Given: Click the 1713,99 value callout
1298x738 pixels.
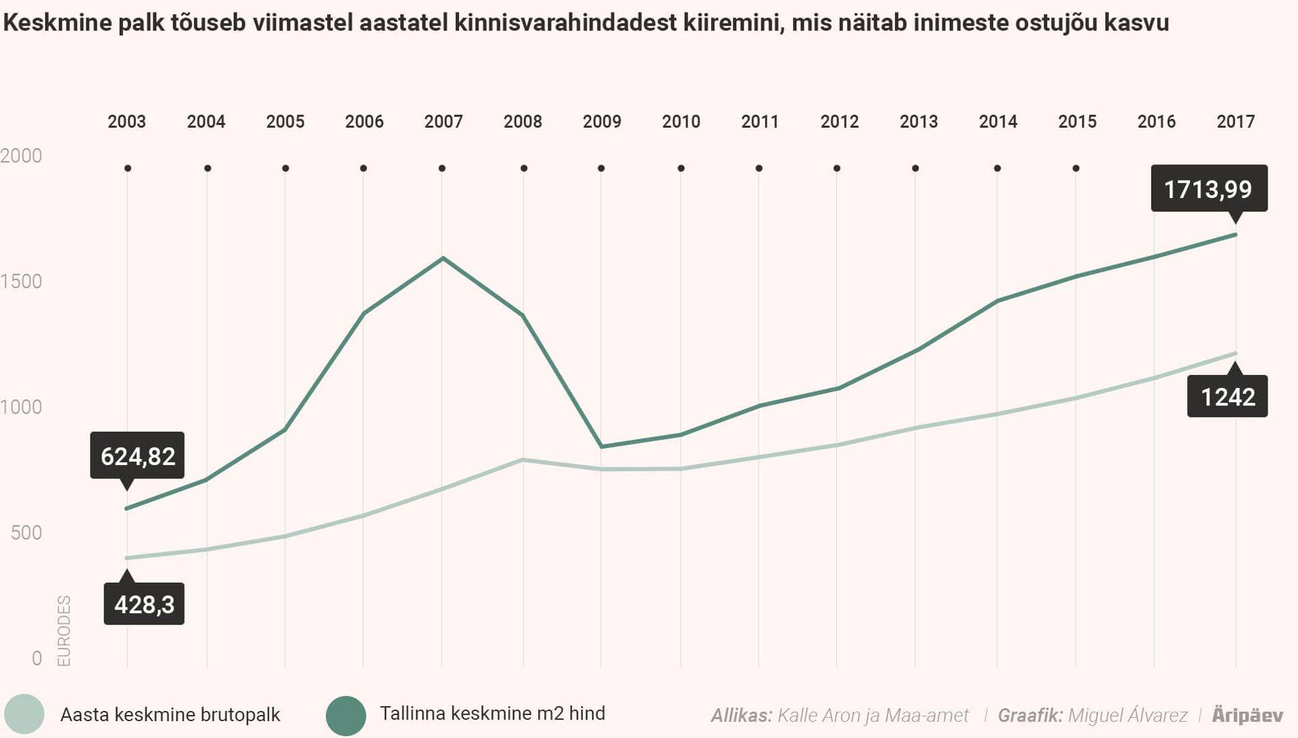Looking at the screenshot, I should coord(1209,189).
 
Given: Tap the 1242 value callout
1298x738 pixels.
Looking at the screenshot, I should coord(1227,397).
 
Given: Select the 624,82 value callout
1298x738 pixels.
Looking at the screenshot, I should coord(137,456).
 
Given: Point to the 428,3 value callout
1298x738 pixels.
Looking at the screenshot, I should coord(144,604).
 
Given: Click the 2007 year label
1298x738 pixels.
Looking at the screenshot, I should coord(443,122).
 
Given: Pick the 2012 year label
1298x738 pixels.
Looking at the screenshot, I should coord(839,122).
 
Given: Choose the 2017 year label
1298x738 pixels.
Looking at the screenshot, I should coord(1235,122).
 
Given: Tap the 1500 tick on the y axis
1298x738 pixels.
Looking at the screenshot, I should coord(22,281).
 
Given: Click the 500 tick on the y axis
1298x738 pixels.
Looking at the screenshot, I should coord(26,533).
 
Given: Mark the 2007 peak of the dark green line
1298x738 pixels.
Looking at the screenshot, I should coord(443,258).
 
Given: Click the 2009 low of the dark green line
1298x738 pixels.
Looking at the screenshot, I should coord(601,446).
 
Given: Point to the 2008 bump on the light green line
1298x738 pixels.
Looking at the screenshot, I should coord(523,460).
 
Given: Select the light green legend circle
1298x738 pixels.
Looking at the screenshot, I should coord(24,714).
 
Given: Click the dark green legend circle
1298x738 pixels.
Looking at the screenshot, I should coord(345,715).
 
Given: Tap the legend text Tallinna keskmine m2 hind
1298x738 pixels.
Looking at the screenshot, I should coord(492,714).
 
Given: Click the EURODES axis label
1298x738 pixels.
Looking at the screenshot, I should coord(64,631).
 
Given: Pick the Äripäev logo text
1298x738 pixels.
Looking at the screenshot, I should coord(1247,715).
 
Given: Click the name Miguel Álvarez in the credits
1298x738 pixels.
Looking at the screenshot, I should coord(1128,715).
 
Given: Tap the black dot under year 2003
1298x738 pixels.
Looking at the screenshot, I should coord(128,168).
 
